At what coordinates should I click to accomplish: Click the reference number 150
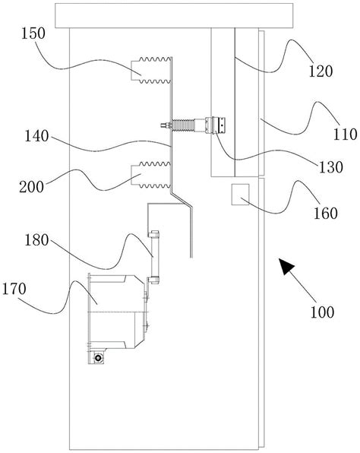pos(33,33)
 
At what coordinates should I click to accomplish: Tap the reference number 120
pos(321,71)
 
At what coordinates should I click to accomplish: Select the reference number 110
pos(346,135)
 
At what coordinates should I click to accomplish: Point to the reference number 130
pos(331,167)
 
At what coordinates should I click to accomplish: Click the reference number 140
pos(36,136)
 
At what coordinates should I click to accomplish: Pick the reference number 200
pos(32,187)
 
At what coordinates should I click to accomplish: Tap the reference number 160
pos(326,214)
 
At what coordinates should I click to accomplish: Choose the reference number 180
pos(36,240)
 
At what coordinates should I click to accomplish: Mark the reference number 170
pos(14,289)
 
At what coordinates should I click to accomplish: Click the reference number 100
pos(322,312)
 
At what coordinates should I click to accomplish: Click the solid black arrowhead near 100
pos(286,266)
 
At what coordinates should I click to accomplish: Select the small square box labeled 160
pos(240,195)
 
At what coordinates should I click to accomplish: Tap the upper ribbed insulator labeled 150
pos(151,71)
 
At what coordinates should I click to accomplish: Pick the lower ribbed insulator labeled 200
pos(151,175)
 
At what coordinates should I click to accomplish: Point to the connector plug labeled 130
pos(216,125)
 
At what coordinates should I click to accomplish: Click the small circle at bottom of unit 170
pos(99,358)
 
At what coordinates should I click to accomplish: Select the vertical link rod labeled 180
pos(153,257)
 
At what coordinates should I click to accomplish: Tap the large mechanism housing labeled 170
pos(117,312)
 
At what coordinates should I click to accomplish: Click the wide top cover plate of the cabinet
pos(174,16)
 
